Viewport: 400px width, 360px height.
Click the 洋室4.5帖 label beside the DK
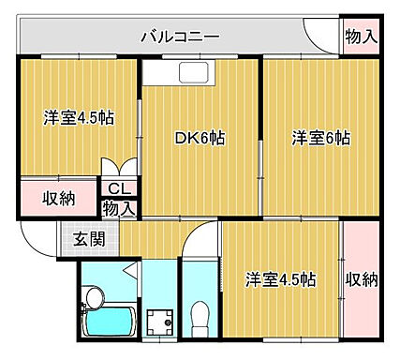point(77,119)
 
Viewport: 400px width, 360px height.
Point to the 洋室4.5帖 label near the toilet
point(281,279)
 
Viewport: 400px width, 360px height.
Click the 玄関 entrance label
point(90,237)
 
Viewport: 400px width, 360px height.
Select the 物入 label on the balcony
point(361,37)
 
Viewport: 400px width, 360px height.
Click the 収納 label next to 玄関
point(59,199)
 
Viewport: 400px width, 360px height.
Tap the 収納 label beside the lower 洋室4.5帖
point(362,279)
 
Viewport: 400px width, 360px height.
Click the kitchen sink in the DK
point(197,76)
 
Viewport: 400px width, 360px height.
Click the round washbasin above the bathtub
point(92,299)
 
